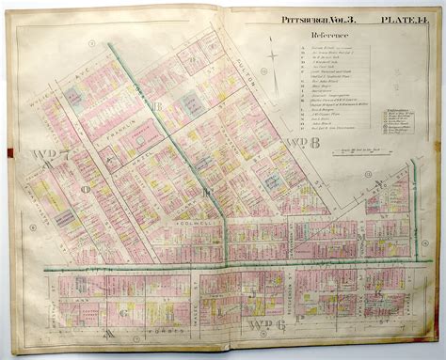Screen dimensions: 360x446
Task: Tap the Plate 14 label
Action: click(x=402, y=19)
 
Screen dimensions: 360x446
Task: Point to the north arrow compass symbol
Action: click(x=274, y=57)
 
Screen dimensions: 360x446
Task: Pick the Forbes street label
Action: click(x=151, y=330)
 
